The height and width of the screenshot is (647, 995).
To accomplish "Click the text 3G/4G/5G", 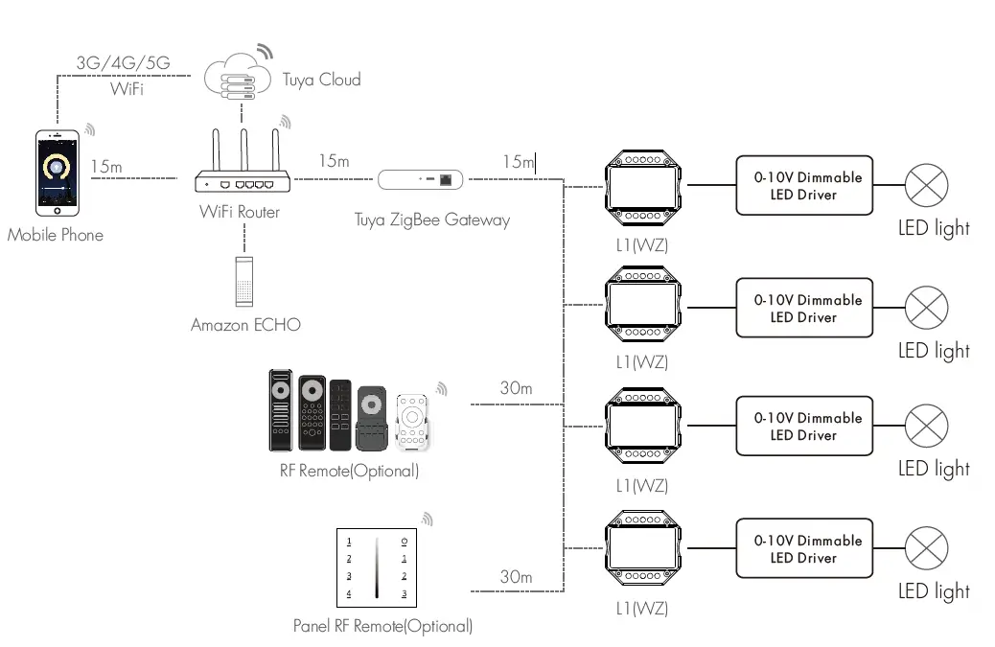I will pos(123,64).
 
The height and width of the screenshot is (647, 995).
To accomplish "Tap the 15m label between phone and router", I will pos(106,167).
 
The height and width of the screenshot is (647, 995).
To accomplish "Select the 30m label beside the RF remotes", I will pos(516,388).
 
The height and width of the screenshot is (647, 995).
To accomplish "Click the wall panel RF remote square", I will pos(377,567).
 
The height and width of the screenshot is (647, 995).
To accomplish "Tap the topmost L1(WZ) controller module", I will pos(644,185).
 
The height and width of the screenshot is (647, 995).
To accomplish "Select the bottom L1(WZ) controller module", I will pos(644,549).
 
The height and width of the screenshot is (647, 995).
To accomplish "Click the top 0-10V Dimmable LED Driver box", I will pos(804,185).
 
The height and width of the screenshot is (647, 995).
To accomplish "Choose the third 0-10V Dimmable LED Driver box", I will pos(804,426).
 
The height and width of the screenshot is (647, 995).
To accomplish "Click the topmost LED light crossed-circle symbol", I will pos(927,185).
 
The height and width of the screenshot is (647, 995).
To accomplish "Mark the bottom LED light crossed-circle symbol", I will pos(927,548).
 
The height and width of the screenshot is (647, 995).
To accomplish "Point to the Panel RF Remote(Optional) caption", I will pos(382,627).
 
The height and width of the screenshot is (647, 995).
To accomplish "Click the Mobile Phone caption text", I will pos(55,235).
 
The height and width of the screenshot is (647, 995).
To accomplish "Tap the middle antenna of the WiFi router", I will pos(244,150).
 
